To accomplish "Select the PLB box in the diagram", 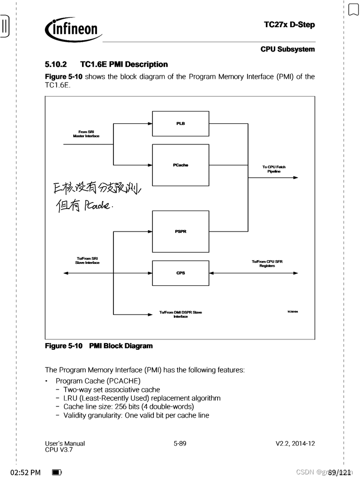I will tap(180, 123).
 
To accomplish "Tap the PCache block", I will tap(180, 165).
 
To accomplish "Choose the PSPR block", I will tap(180, 231).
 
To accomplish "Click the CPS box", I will tap(180, 273).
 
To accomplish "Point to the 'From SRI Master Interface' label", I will tap(86, 134).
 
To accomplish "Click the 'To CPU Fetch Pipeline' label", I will tap(274, 169).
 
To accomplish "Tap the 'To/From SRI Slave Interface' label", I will tap(87, 261).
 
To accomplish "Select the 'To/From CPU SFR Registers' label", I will tap(267, 264).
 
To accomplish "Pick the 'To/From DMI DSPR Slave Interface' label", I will tap(180, 315).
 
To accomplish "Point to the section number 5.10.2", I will tap(56, 64).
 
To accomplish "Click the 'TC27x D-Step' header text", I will tap(289, 25).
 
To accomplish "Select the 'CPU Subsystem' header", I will tap(287, 49).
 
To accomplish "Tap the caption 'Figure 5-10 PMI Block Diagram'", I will tap(99, 346).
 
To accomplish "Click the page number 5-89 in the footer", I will tap(180, 443).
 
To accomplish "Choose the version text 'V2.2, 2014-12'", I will tap(295, 443).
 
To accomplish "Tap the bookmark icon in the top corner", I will tap(352, 9).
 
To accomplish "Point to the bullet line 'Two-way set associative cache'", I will tap(112, 390).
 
